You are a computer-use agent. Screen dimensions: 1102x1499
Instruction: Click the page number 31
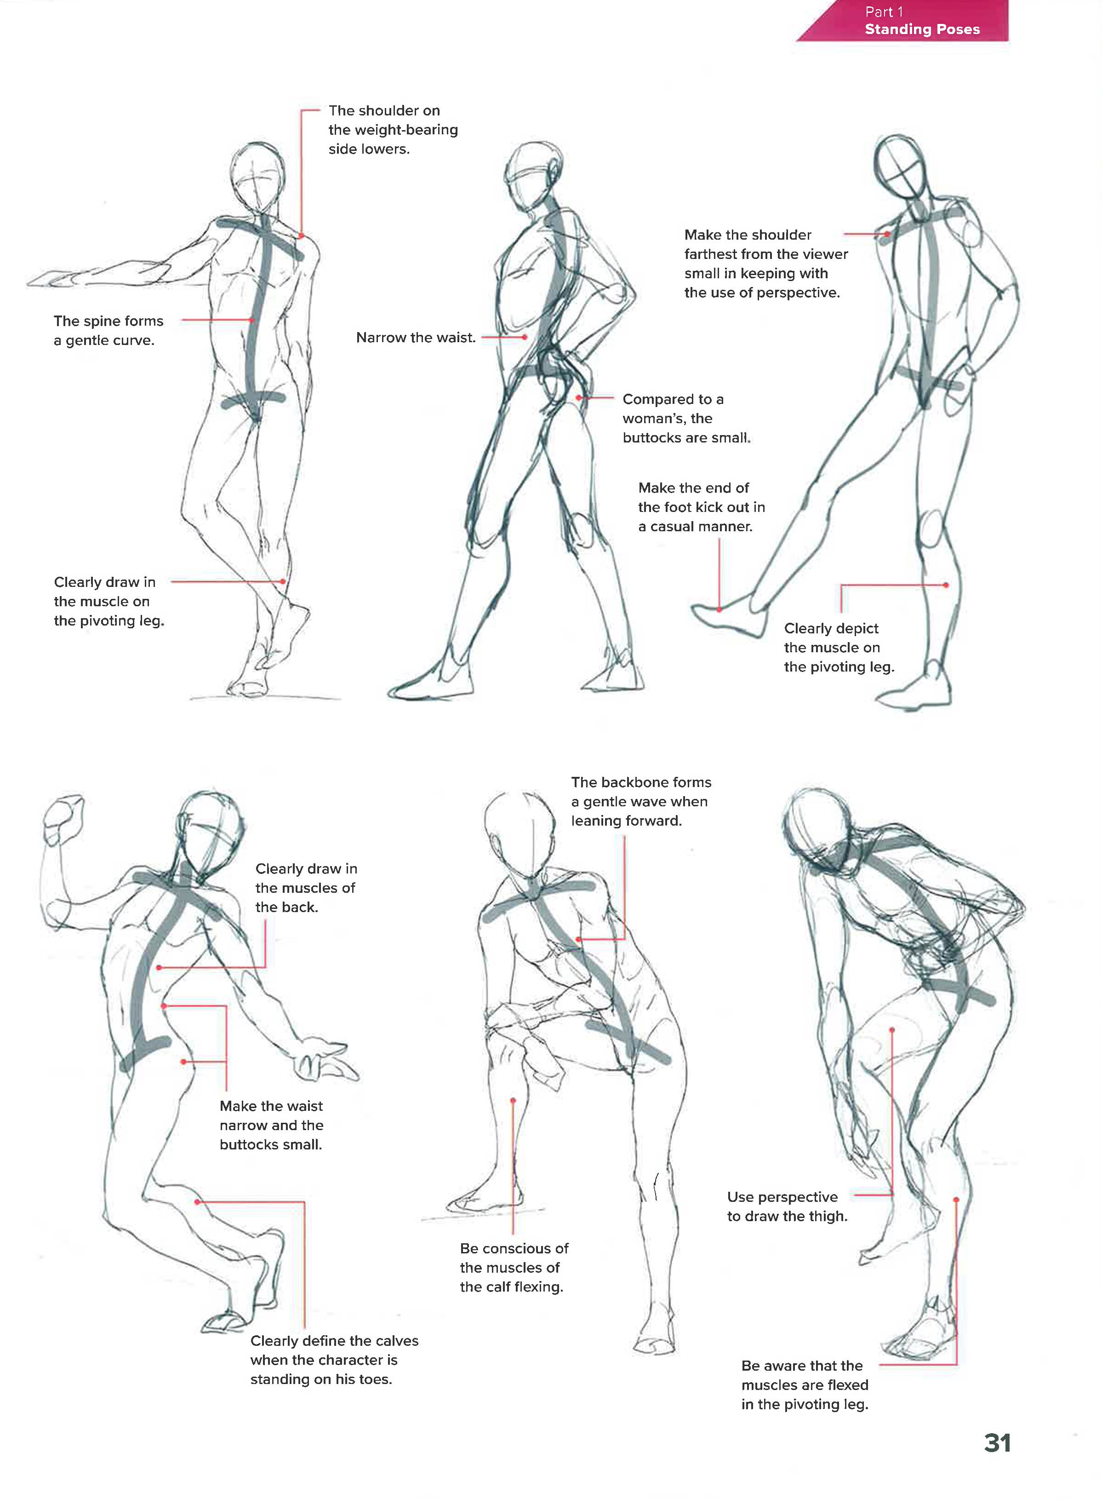[x=997, y=1442]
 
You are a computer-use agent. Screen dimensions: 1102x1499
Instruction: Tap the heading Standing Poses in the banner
[x=922, y=29]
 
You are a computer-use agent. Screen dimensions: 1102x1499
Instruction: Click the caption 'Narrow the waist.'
[x=416, y=338]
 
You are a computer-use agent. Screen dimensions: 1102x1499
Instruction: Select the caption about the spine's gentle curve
[x=108, y=330]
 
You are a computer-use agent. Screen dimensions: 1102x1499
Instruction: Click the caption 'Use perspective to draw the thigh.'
[x=787, y=1206]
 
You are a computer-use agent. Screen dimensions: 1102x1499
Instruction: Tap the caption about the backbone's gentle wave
[x=641, y=802]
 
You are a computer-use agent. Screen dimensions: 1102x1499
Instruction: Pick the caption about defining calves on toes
[x=334, y=1360]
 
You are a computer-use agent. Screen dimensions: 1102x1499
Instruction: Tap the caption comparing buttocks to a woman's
[x=686, y=419]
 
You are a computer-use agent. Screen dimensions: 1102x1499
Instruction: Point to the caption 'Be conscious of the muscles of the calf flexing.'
[x=514, y=1267]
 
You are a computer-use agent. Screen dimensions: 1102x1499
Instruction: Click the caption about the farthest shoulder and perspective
[x=766, y=264]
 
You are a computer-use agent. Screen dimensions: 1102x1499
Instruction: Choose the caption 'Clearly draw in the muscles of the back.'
[x=306, y=888]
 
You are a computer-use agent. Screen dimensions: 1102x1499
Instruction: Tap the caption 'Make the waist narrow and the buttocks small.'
[x=272, y=1125]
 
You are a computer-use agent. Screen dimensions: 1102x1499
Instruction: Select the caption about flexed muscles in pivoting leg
[x=805, y=1385]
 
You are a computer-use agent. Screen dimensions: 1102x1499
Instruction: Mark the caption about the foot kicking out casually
[x=701, y=507]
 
